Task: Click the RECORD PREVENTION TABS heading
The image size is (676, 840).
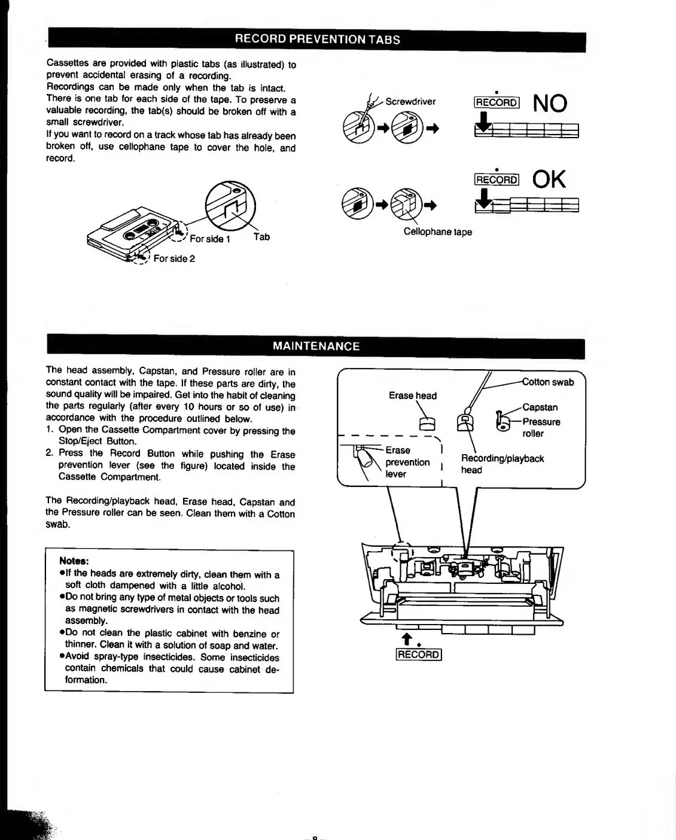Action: pos(317,39)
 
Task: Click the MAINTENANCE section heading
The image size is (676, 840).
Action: pos(316,346)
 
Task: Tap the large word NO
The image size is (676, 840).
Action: pos(550,104)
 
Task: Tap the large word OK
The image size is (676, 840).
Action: pos(549,179)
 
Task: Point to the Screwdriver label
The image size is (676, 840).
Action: pos(410,102)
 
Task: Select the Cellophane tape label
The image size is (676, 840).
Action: pos(437,232)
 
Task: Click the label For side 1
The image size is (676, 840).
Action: pos(209,239)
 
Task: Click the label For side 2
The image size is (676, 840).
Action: pos(174,258)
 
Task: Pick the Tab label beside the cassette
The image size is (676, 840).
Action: pos(261,237)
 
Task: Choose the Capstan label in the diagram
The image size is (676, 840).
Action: pos(540,407)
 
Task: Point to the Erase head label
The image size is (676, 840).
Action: pos(413,395)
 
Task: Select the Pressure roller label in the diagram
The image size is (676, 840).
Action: pos(541,427)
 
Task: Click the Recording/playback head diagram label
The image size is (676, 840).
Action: pos(502,464)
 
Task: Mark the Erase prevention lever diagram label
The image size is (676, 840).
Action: pos(407,462)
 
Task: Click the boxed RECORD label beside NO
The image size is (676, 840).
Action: pos(497,102)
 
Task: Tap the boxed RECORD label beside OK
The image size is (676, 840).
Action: pos(497,179)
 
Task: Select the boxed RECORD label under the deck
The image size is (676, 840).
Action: pos(419,655)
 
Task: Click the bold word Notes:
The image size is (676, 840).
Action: pos(74,561)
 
